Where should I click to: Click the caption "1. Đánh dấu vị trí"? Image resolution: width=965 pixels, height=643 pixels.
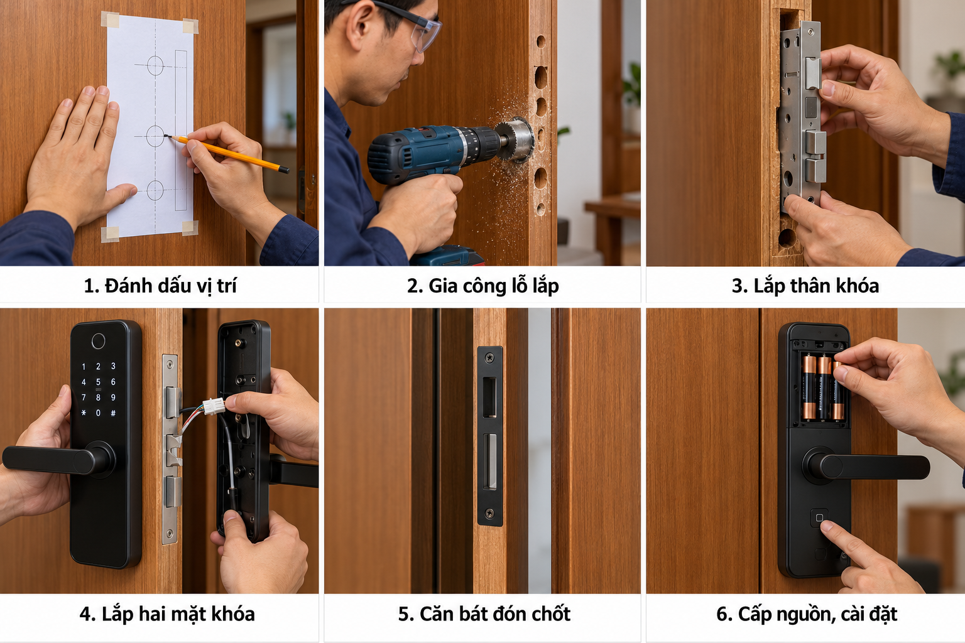(x=160, y=286)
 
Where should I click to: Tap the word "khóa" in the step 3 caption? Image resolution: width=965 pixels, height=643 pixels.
(x=858, y=286)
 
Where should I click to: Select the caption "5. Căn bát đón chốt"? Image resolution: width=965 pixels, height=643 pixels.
(x=484, y=613)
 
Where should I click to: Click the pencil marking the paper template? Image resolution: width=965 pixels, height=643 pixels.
(x=227, y=153)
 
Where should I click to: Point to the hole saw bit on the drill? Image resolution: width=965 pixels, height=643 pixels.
(x=515, y=141)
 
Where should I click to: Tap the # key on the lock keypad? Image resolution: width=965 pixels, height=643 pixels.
(x=113, y=413)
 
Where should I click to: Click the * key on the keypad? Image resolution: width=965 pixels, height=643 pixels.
(x=84, y=413)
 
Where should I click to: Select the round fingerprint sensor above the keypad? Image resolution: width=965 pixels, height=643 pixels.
(x=98, y=341)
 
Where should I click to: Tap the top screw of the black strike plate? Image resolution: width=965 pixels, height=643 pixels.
(x=489, y=357)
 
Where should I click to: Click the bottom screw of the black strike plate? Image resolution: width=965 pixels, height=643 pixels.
(x=489, y=513)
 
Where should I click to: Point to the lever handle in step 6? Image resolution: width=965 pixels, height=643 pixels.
(x=866, y=466)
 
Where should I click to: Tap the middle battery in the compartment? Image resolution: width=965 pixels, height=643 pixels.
(x=824, y=387)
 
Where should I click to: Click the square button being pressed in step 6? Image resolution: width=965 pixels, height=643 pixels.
(x=819, y=517)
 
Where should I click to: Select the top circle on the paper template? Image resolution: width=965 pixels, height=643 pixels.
(x=155, y=65)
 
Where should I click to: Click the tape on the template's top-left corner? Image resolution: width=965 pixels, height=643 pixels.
(x=110, y=19)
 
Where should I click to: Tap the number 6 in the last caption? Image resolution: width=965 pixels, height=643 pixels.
(x=722, y=613)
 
